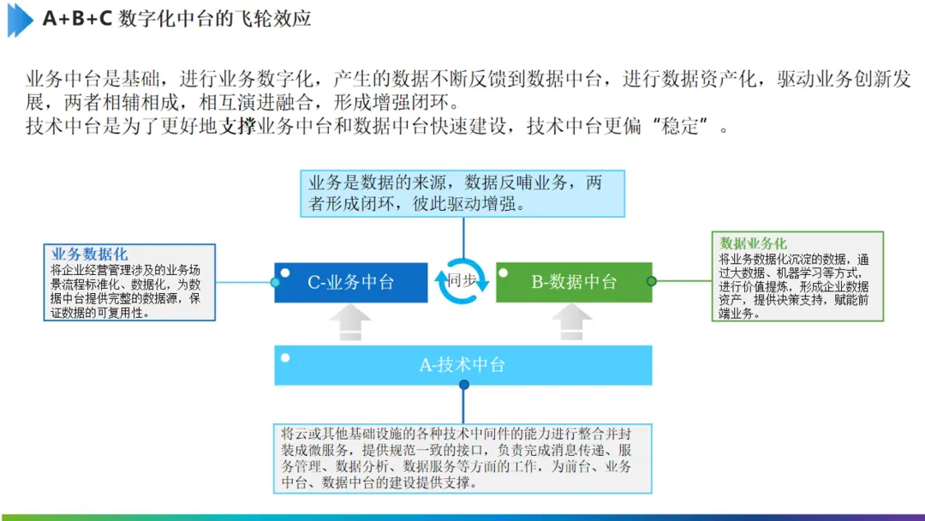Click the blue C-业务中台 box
tap(351, 282)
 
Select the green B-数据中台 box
tap(574, 282)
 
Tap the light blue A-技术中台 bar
tap(462, 365)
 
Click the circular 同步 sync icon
tap(462, 280)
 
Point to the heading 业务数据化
tap(89, 255)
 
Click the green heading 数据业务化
tap(754, 244)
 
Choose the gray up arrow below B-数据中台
tap(571, 323)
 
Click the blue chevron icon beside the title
tap(20, 19)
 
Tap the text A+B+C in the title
tap(77, 19)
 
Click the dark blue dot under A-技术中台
tap(464, 385)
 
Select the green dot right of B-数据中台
tap(652, 281)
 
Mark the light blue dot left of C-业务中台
tap(275, 281)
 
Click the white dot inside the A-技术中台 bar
tap(285, 357)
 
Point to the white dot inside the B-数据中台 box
tap(504, 273)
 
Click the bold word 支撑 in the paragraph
tap(238, 128)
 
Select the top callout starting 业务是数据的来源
tap(463, 193)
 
